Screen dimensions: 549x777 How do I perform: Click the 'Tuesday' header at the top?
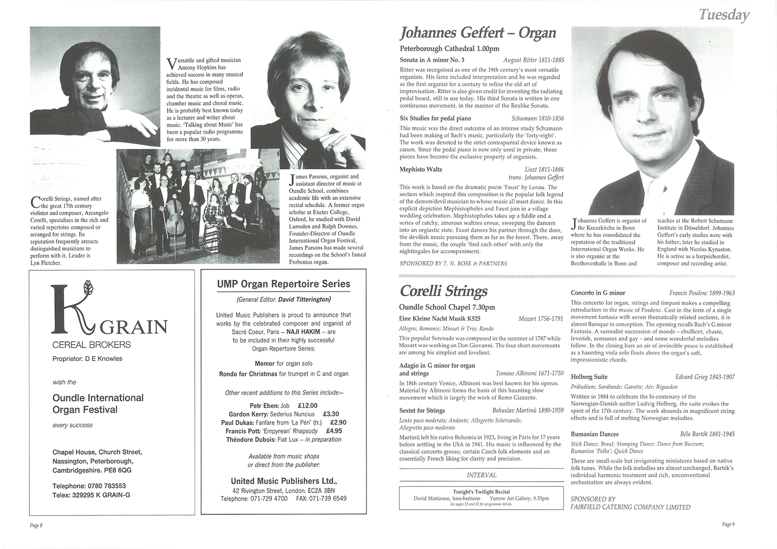pos(724,15)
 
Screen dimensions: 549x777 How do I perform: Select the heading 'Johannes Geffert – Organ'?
pos(478,33)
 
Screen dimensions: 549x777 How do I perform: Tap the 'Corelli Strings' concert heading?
pos(443,291)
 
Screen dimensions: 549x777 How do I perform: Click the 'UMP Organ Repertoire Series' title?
pos(283,284)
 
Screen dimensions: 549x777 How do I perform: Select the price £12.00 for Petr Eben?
pos(308,406)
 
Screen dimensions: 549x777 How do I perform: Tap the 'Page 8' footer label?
pos(36,525)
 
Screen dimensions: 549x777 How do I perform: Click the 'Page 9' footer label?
pos(728,524)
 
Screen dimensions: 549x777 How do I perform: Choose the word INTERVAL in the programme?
pos(481,475)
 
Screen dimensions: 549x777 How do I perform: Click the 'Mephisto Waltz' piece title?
pos(421,169)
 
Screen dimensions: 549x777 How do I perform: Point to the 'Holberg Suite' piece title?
pos(589,377)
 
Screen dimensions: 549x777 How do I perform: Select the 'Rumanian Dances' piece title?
pos(594,434)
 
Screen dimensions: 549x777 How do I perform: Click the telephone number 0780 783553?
pos(108,486)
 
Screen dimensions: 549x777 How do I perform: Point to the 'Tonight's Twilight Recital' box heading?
pos(481,492)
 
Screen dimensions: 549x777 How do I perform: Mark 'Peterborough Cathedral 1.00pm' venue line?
pos(450,49)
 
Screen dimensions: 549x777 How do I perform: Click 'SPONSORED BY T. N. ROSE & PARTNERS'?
pos(453,263)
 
